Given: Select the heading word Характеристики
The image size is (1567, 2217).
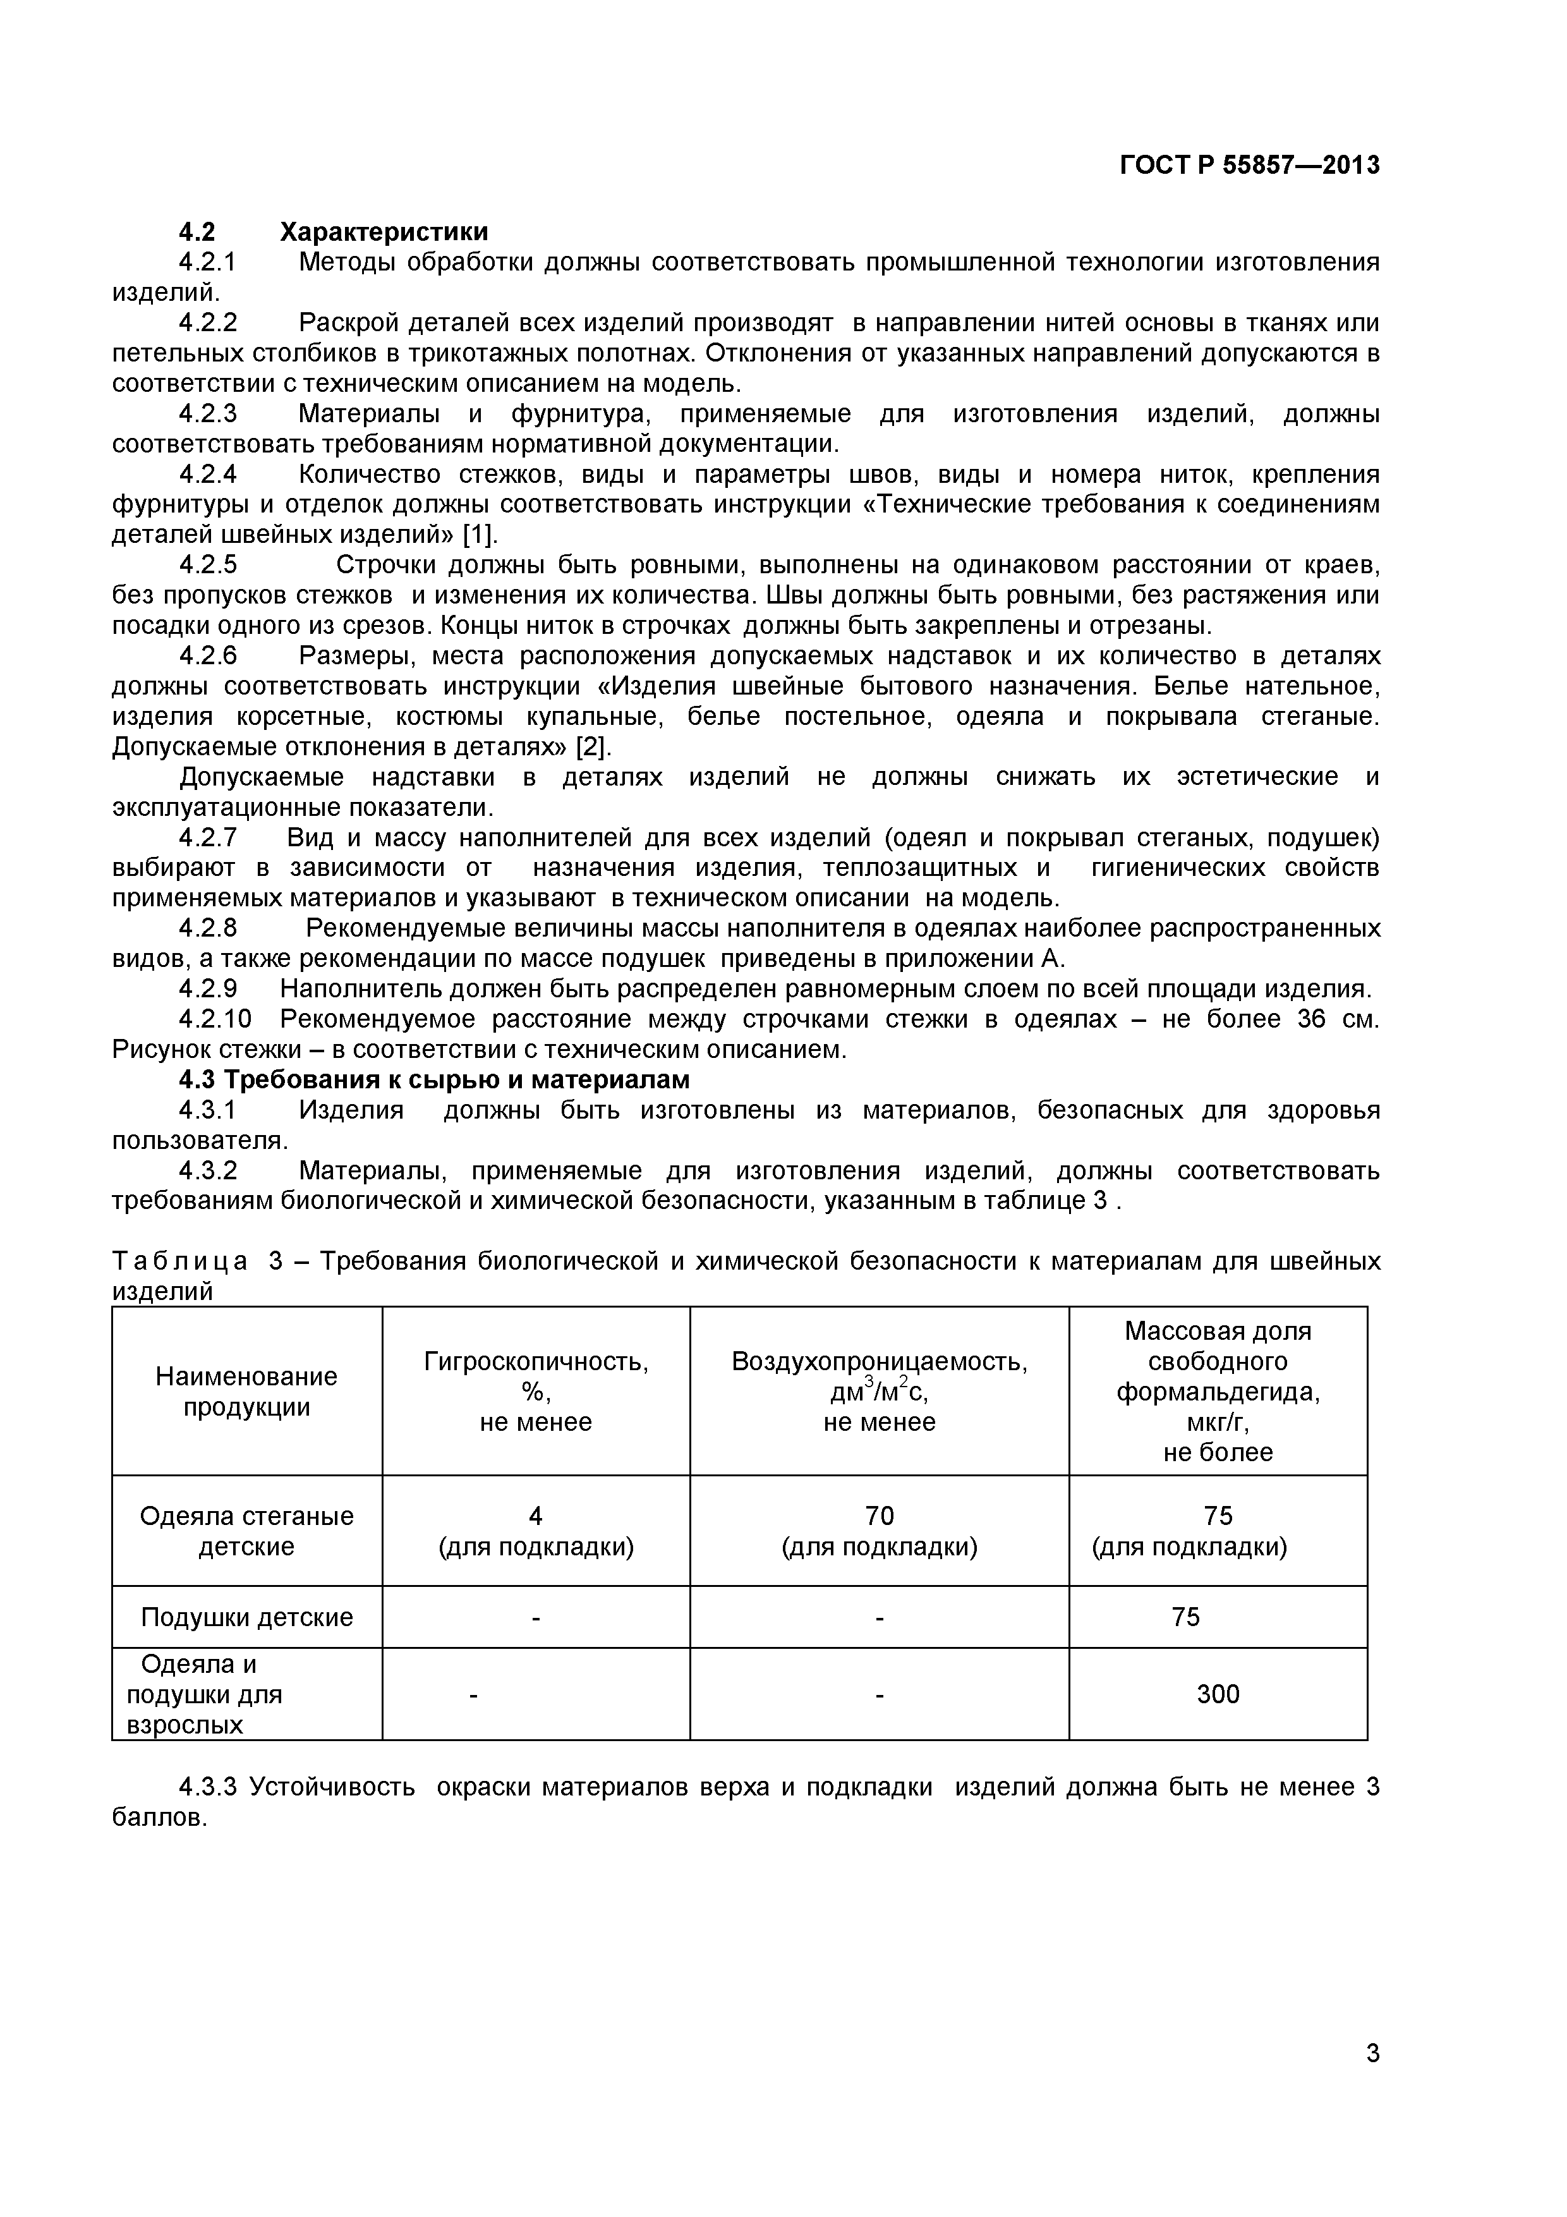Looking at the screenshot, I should pos(384,232).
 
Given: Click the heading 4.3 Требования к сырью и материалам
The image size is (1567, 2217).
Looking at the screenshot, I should pos(435,1079).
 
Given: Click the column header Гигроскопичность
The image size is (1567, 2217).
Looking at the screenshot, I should pos(536,1361).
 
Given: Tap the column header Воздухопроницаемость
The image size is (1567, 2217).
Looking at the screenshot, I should pos(880,1361).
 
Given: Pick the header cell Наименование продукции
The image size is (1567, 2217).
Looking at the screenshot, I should pos(246,1392).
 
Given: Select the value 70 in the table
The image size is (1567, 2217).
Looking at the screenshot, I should pos(880,1516).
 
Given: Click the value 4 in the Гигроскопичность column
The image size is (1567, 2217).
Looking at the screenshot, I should pos(536,1516).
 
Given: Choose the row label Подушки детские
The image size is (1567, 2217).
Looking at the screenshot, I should pos(246,1617).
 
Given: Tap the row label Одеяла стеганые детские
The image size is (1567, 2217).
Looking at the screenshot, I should pos(246,1531).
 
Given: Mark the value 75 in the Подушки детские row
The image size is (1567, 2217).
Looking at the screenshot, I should pos(1185,1617).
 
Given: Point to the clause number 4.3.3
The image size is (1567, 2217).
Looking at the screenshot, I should pos(208,1787).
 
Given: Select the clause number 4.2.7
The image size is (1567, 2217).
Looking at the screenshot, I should pos(208,838).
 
